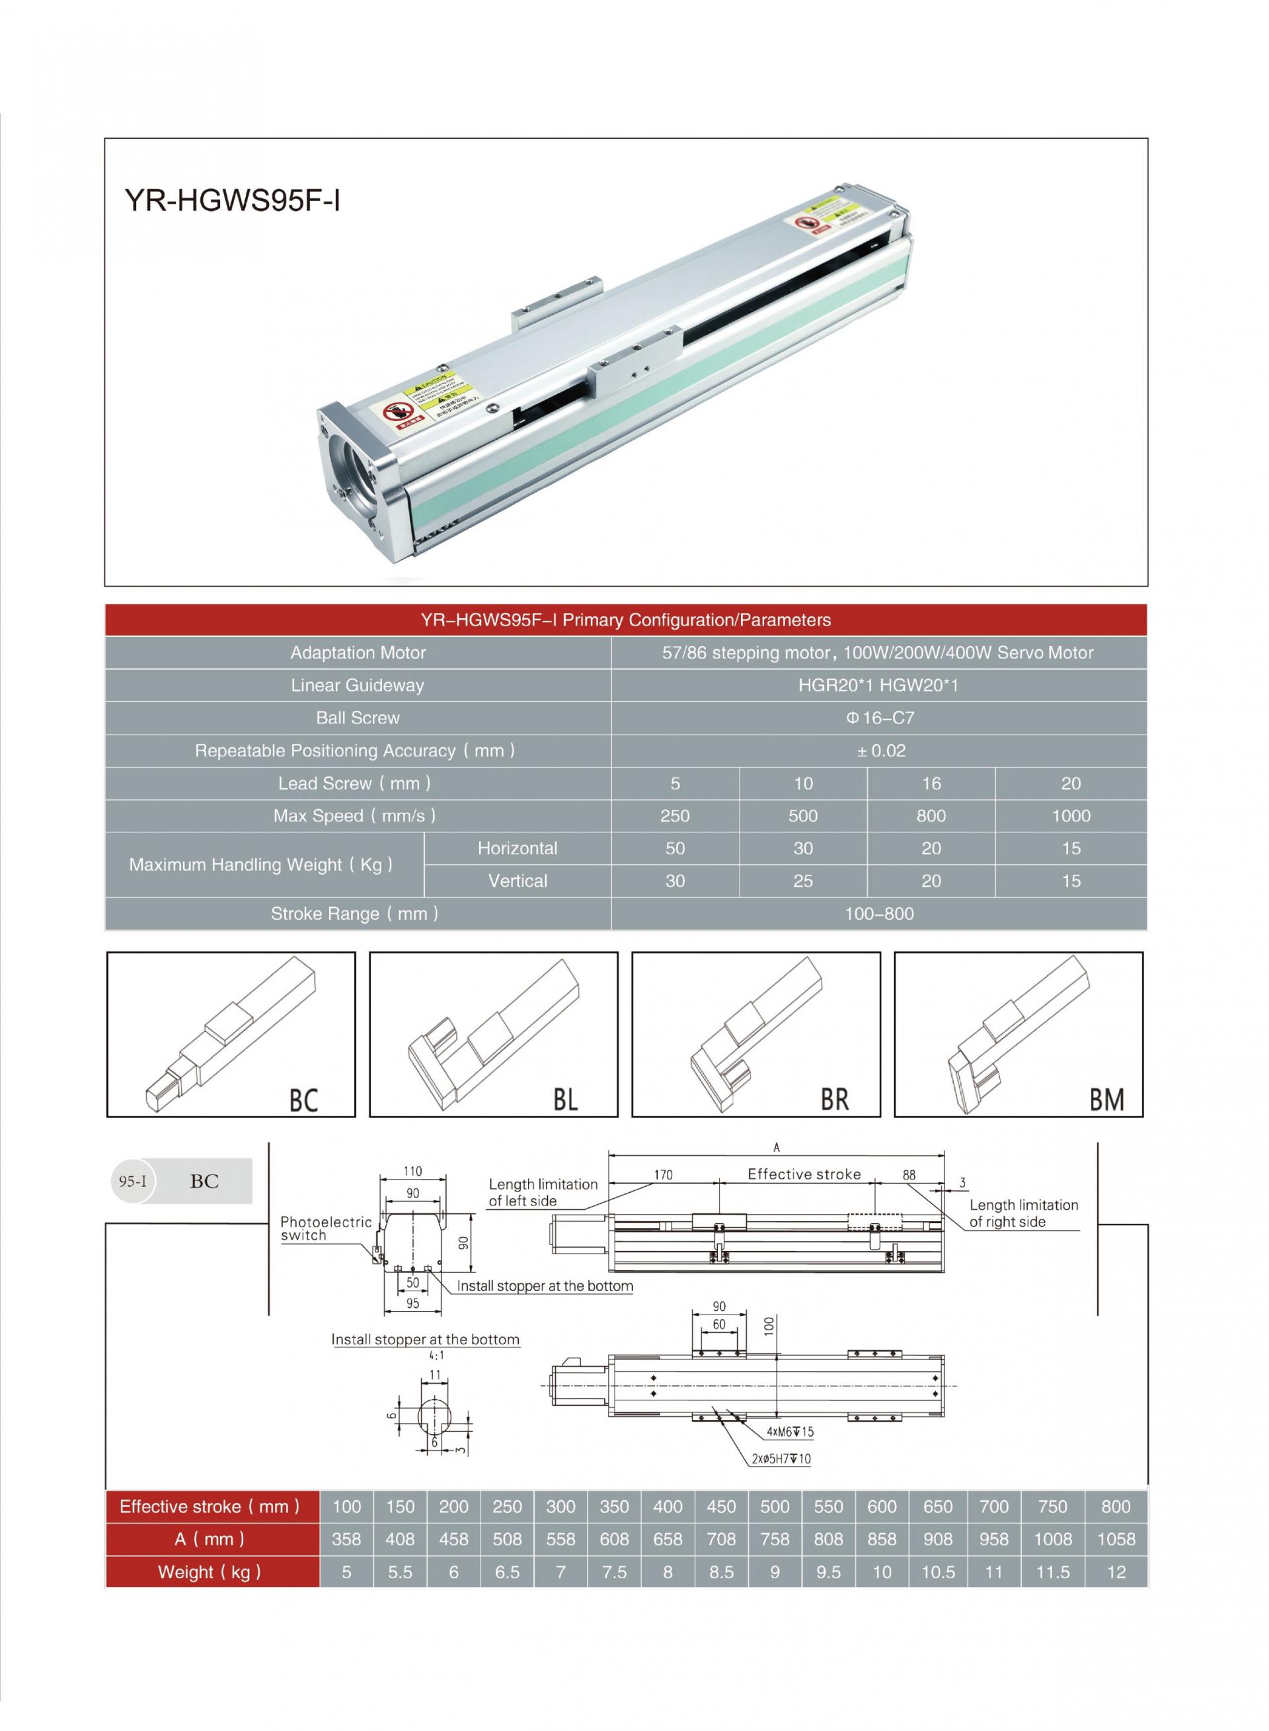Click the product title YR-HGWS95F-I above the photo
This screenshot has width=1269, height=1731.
232,201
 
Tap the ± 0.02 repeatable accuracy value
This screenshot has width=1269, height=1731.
880,750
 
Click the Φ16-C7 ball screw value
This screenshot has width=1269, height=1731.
880,717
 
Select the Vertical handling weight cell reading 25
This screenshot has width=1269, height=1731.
803,881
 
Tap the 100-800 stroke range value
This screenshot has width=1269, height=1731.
879,914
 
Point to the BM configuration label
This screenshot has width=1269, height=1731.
1106,1100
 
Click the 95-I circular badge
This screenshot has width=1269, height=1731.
133,1181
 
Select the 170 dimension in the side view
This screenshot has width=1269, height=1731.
663,1175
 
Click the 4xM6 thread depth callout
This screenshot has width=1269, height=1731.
790,1431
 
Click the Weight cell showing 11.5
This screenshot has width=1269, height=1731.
1052,1572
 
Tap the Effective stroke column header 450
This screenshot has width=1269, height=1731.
720,1507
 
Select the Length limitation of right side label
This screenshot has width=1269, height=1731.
1022,1213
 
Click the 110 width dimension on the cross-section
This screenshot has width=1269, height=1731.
412,1172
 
